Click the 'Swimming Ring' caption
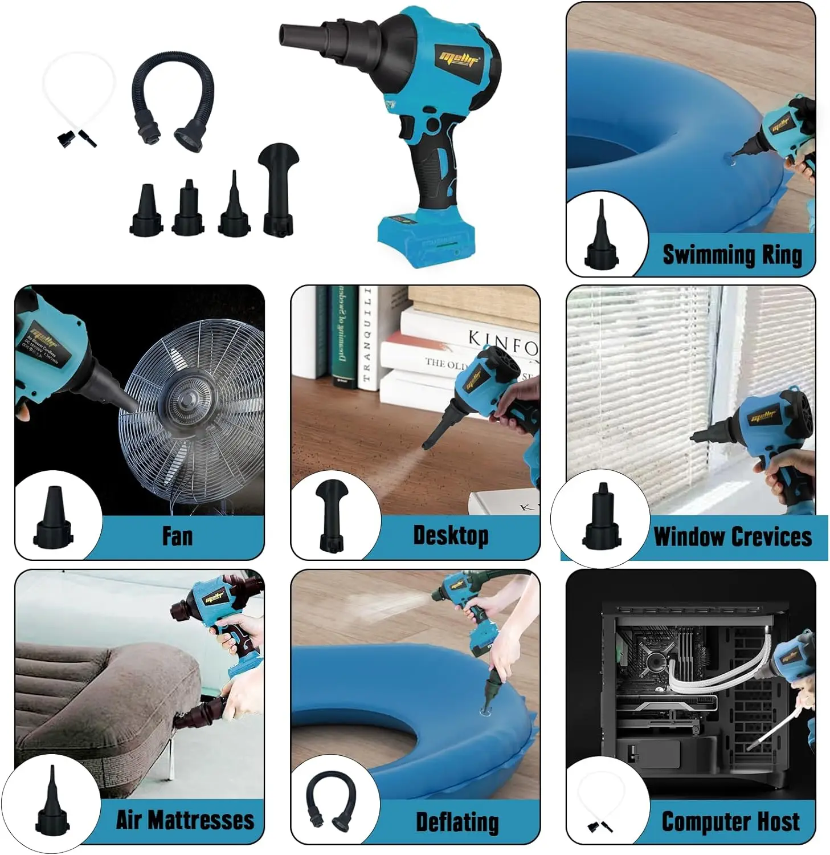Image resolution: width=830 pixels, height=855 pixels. tap(732, 254)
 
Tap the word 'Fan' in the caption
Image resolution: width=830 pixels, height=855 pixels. tap(177, 536)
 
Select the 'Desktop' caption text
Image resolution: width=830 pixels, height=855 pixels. tap(451, 536)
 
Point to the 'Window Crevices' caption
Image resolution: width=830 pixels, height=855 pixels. tap(733, 537)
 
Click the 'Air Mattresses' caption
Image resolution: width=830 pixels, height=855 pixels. tap(185, 820)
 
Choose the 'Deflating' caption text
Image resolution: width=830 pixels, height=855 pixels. tap(457, 822)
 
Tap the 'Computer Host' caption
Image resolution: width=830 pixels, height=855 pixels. tap(730, 822)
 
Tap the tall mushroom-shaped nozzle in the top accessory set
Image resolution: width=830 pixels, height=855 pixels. tap(279, 188)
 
